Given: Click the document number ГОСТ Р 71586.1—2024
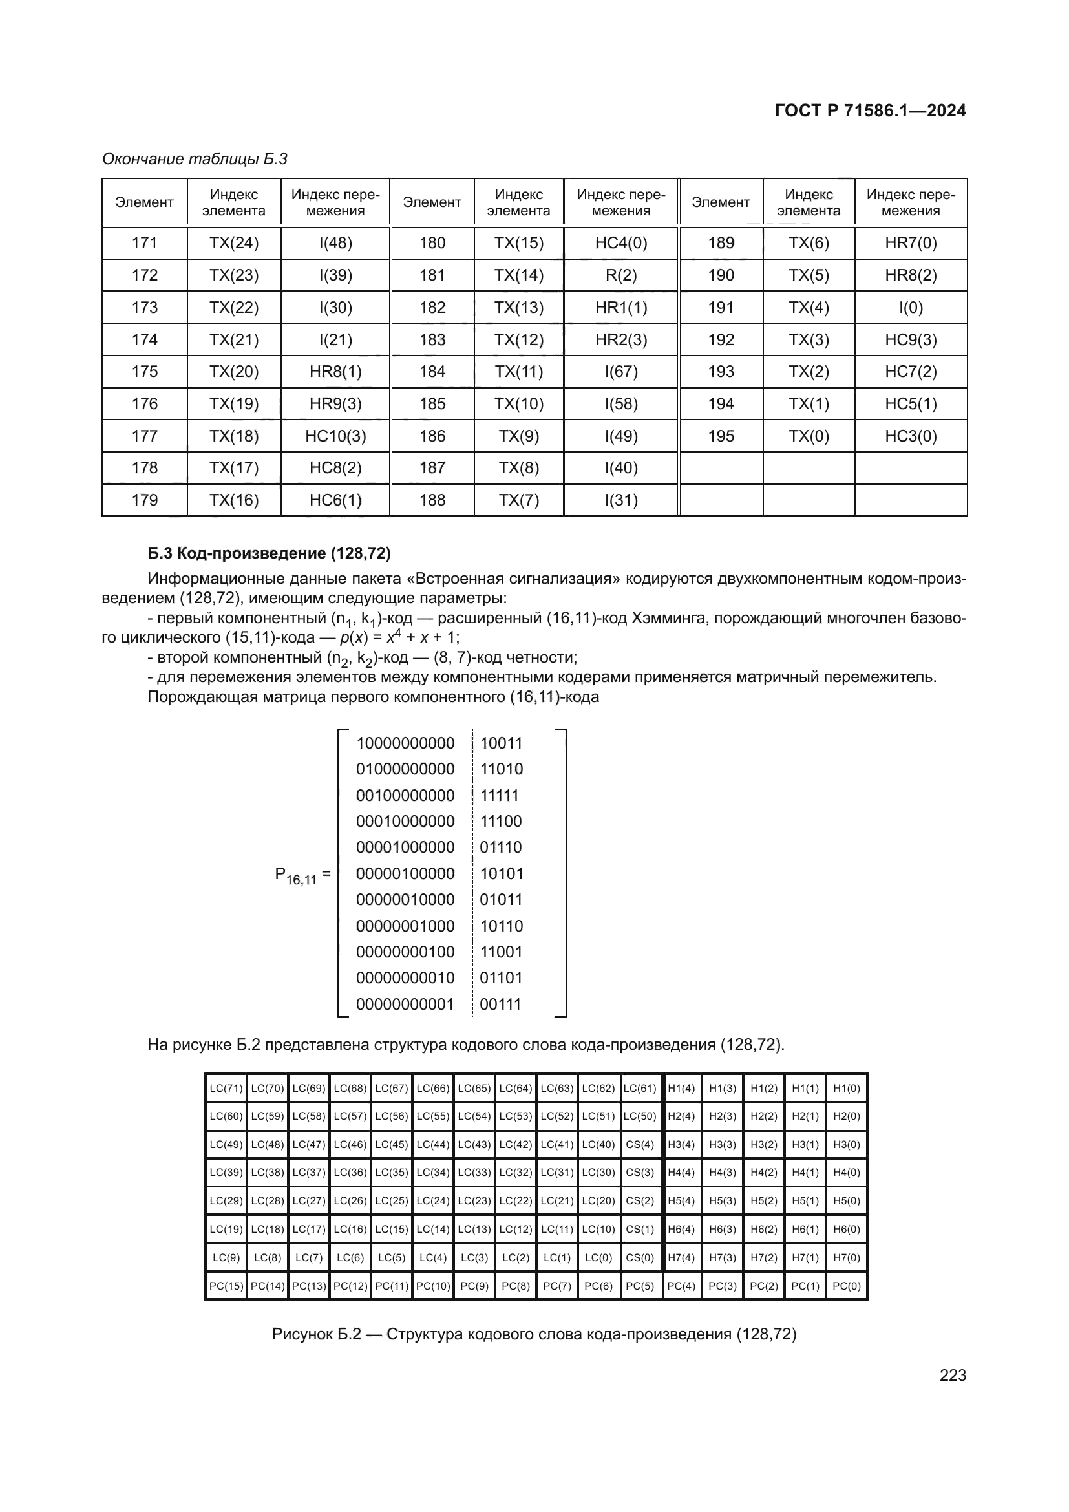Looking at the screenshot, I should [869, 111].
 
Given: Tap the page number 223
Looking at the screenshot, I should [953, 1375].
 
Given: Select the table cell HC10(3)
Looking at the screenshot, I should [335, 436].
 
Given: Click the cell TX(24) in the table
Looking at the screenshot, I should [234, 243].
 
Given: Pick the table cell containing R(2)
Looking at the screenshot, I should [620, 275].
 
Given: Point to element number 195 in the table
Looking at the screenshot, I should [721, 436].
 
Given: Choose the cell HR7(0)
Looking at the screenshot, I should [911, 243].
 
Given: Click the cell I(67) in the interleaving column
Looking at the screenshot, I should [620, 372].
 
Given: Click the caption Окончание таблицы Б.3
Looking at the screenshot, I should [195, 159].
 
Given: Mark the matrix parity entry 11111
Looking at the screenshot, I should [500, 795].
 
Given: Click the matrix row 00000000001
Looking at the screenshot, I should [405, 1005].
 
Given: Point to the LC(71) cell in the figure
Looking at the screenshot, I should [226, 1089].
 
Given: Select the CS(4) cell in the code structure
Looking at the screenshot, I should [640, 1145].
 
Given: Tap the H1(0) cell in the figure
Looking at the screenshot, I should [847, 1089].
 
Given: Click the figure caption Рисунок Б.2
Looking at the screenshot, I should [534, 1334].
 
